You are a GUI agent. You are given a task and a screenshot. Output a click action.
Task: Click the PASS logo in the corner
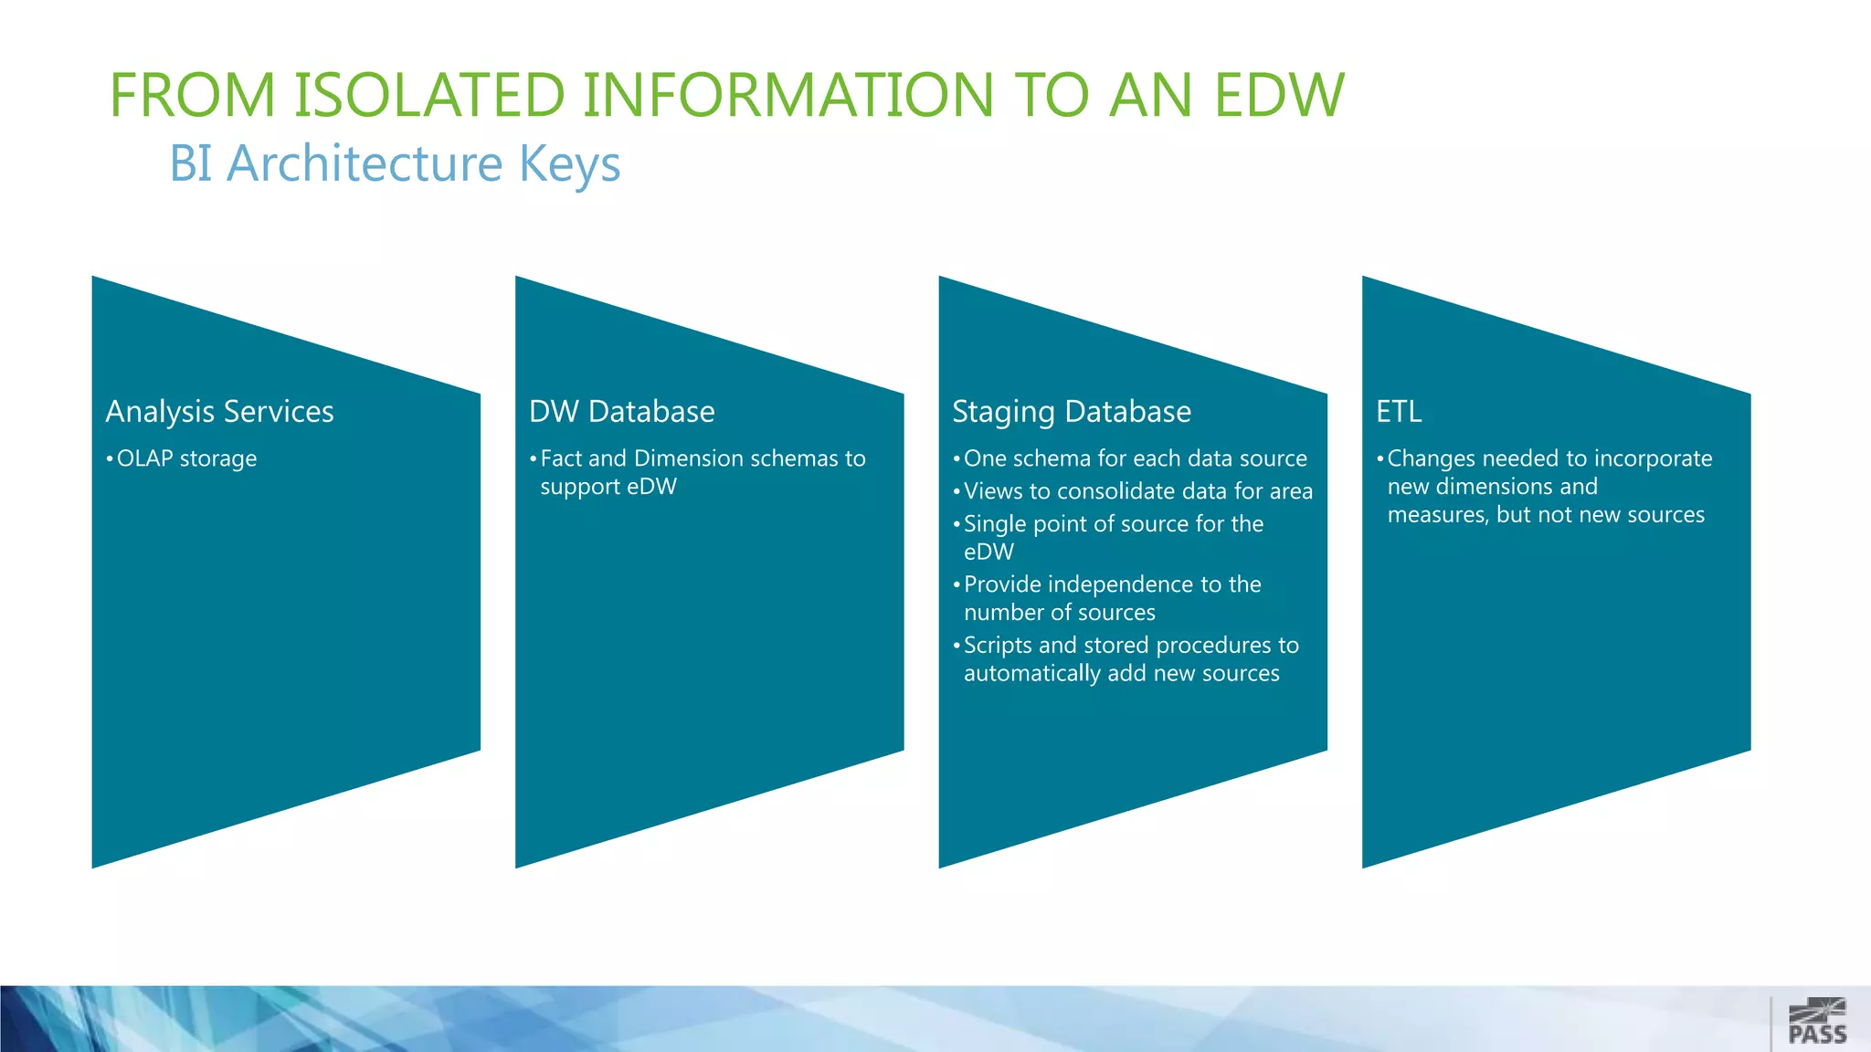(x=1816, y=1021)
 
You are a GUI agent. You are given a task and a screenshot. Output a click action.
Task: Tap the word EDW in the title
(x=1278, y=95)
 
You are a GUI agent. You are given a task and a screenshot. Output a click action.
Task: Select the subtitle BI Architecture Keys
(x=395, y=163)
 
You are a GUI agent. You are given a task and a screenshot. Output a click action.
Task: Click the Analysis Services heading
(x=219, y=411)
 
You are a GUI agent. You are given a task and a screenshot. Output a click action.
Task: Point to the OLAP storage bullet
(x=186, y=458)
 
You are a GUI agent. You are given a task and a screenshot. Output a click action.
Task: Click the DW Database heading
(x=621, y=411)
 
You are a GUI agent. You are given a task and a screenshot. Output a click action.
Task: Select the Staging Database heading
(x=1072, y=411)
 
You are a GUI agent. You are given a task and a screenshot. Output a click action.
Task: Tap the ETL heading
(x=1399, y=411)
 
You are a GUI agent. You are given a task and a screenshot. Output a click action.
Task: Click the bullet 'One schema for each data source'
(x=1135, y=458)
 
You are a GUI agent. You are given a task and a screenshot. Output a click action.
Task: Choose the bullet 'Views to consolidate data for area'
(x=1137, y=491)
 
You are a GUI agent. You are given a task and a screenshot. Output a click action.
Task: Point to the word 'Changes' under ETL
(x=1431, y=458)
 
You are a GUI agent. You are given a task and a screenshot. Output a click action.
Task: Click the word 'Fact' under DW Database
(x=559, y=458)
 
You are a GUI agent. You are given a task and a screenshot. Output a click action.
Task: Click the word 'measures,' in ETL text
(x=1438, y=515)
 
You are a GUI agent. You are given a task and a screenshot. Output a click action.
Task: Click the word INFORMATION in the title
(x=788, y=95)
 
